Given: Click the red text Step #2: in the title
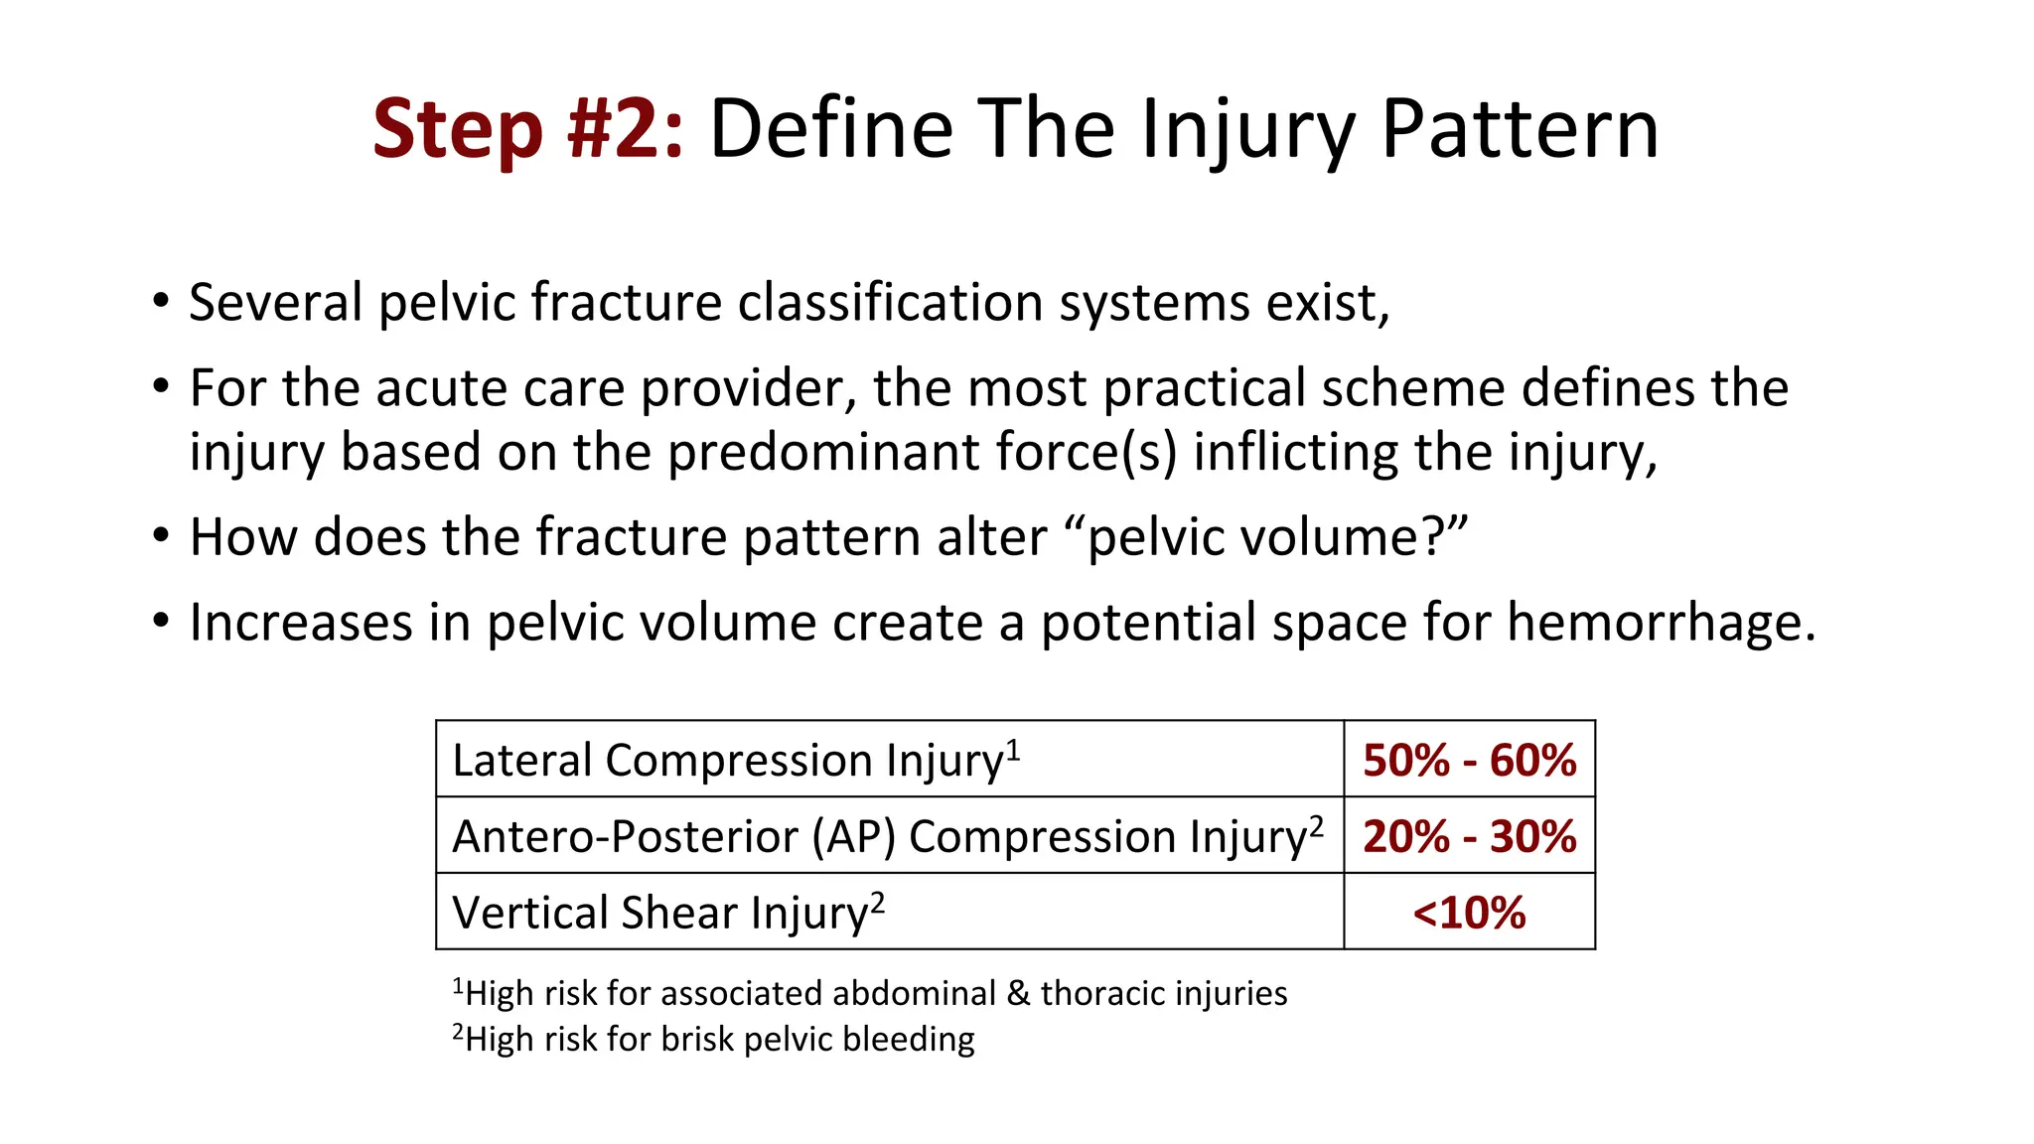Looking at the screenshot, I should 527,129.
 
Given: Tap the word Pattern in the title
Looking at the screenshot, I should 1520,129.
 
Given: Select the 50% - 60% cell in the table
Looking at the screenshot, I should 1469,761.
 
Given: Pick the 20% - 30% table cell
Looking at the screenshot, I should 1469,836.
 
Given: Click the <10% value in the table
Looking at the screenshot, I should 1469,913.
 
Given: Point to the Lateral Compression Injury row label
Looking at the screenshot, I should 728,761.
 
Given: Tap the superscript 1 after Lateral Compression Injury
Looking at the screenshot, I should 1013,749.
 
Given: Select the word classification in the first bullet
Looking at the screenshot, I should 890,302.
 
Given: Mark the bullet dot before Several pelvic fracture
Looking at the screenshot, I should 161,302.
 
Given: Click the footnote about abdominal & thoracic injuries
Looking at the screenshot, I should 870,993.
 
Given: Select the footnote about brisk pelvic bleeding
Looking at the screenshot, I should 713,1039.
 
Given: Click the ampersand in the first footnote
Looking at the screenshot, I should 1018,993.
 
